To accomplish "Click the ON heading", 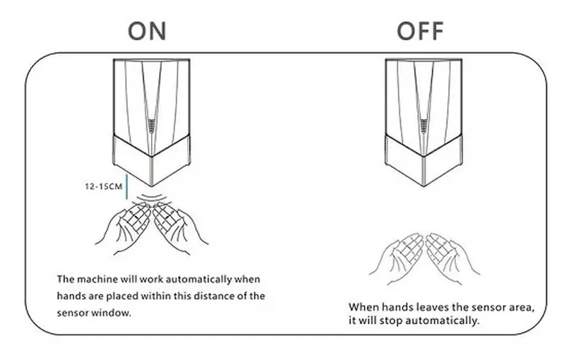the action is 147,31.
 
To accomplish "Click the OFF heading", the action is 420,31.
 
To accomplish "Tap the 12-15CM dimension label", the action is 104,186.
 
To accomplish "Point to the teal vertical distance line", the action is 127,187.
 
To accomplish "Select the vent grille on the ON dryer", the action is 152,126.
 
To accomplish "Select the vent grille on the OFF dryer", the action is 424,126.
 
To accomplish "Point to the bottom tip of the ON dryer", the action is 152,186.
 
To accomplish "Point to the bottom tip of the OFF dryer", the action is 424,186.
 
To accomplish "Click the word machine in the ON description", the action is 94,279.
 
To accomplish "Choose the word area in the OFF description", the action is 521,308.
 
